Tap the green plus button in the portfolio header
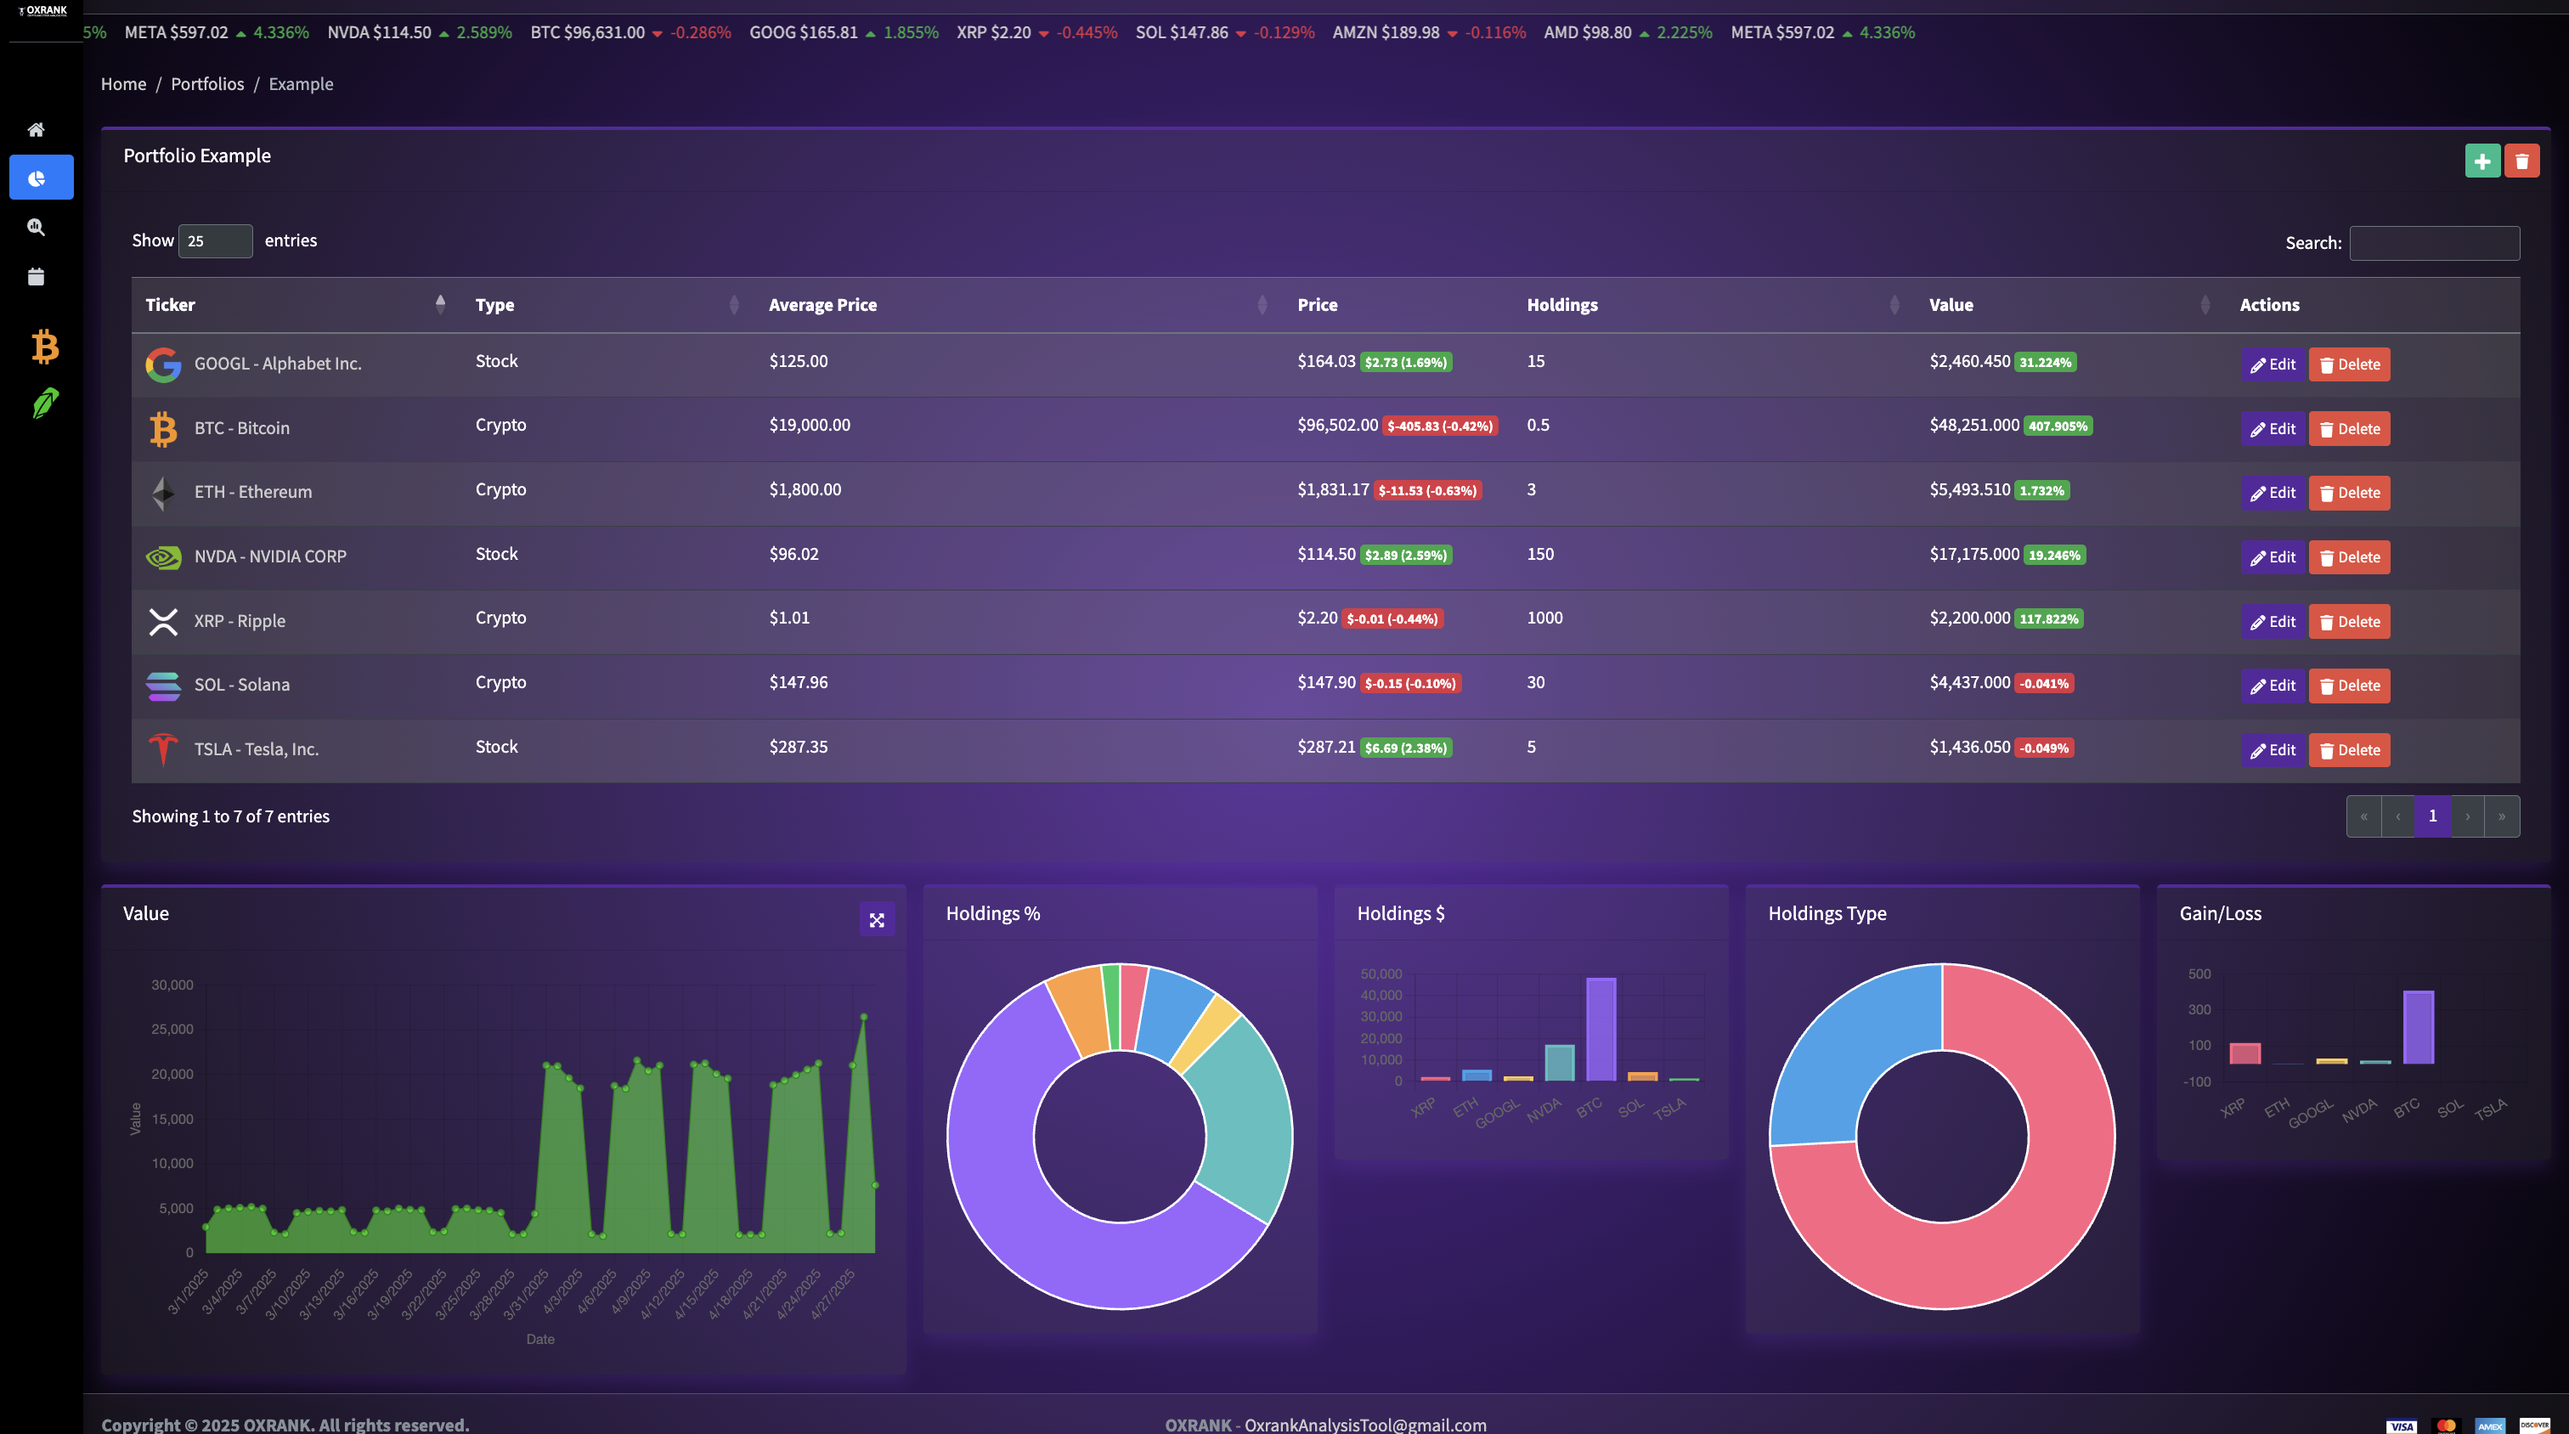(x=2481, y=161)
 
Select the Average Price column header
(x=822, y=305)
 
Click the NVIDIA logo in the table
(x=162, y=556)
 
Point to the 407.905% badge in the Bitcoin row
(x=2057, y=426)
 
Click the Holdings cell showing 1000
(x=1544, y=618)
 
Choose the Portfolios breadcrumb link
(x=207, y=84)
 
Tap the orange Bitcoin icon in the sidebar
(x=45, y=347)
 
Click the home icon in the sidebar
(x=36, y=130)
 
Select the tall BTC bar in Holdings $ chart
(x=1601, y=1028)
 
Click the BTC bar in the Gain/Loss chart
(x=2418, y=1026)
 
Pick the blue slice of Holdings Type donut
(x=1844, y=1056)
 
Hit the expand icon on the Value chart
(x=877, y=919)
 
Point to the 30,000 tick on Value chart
(x=172, y=985)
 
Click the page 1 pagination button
(x=2432, y=816)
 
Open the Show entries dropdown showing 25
(x=214, y=241)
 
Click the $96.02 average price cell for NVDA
(x=793, y=555)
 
